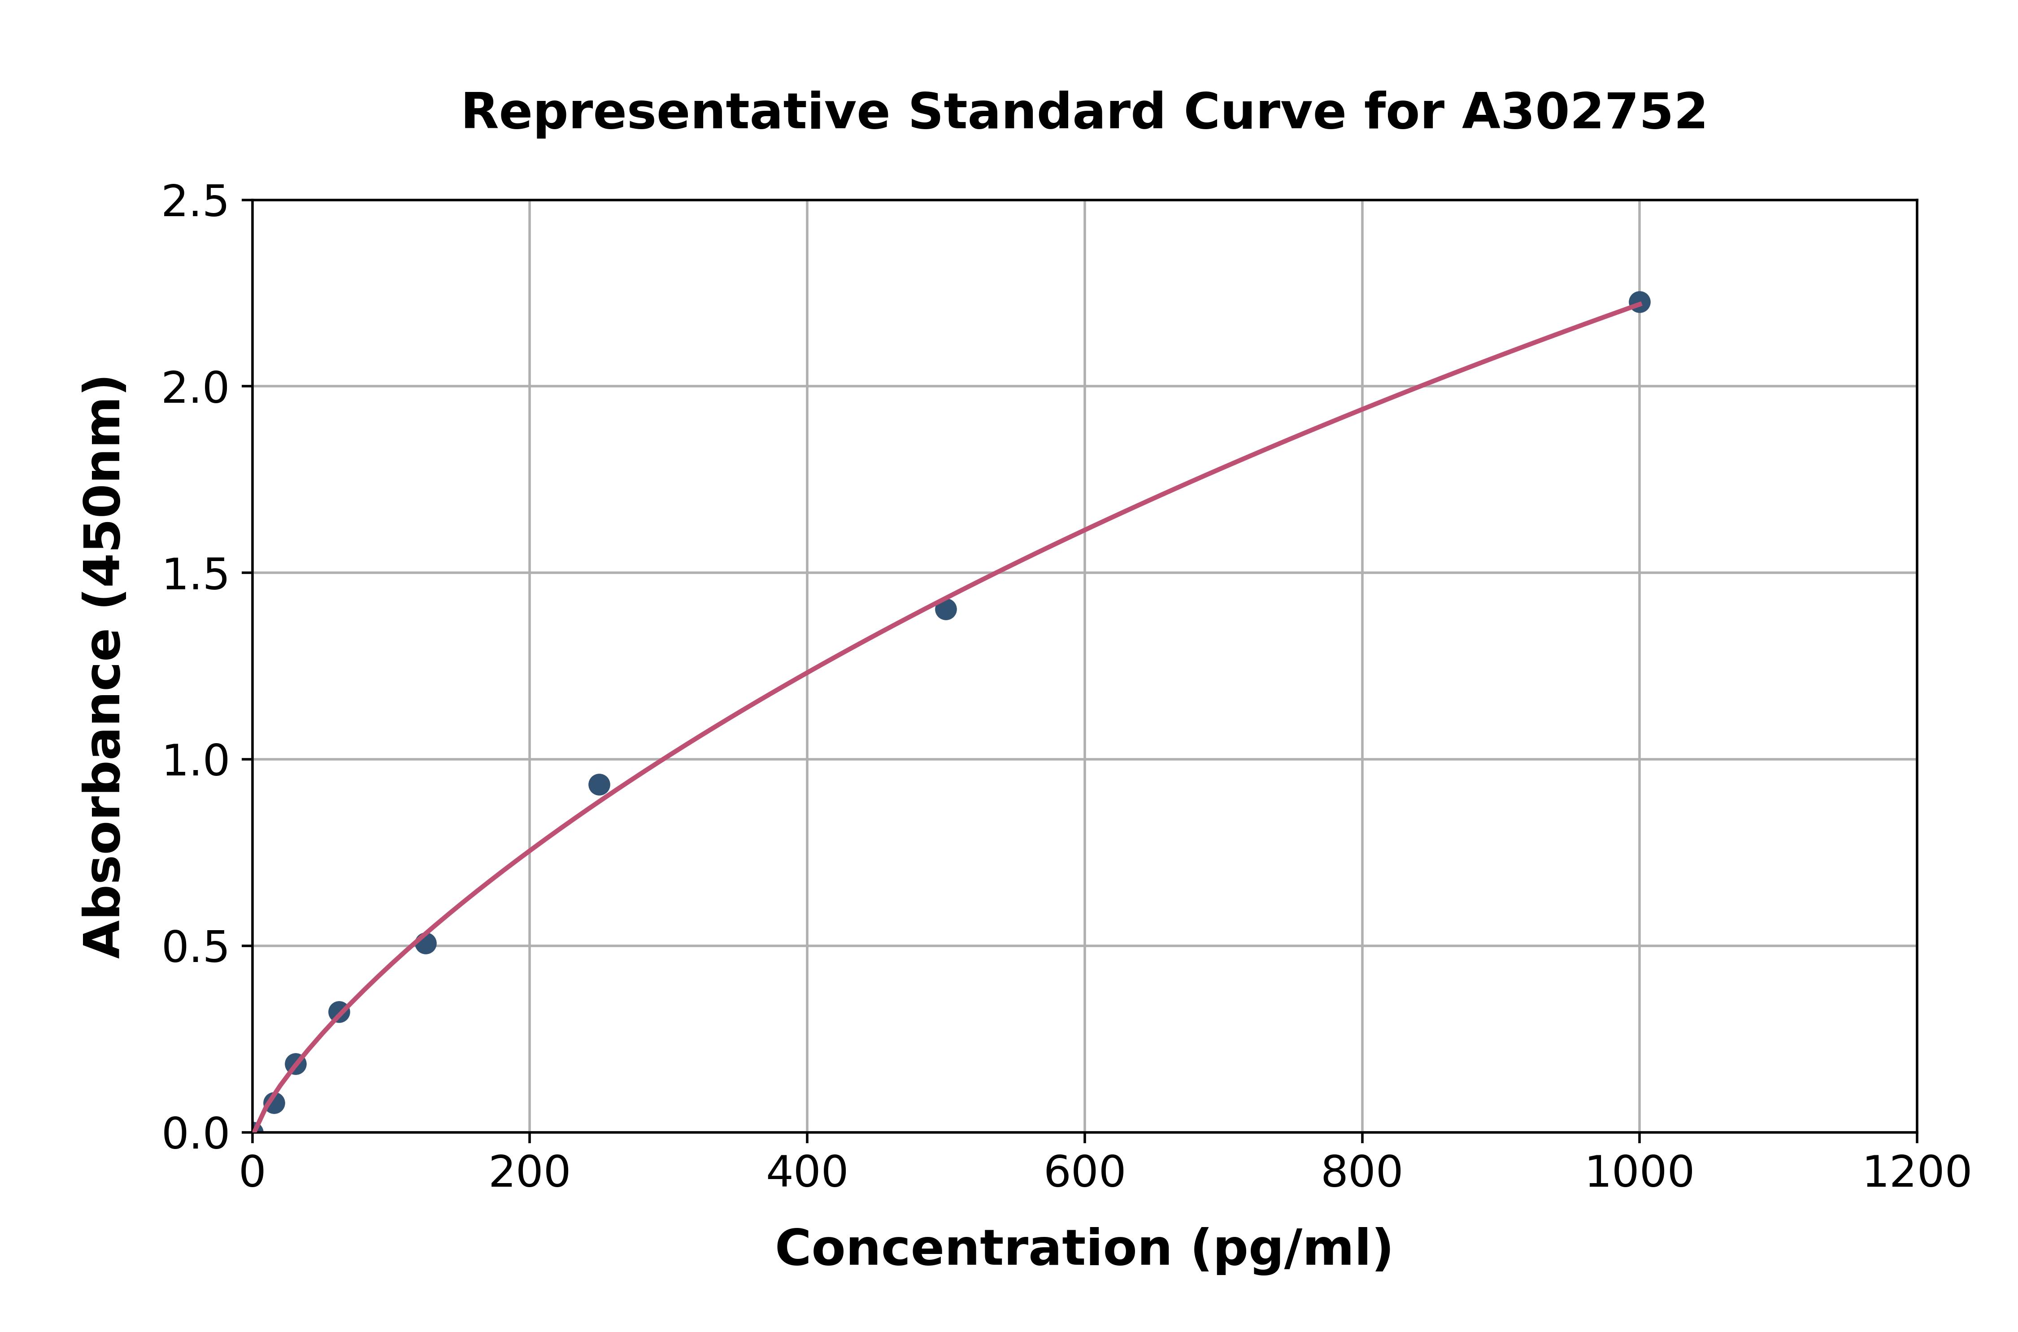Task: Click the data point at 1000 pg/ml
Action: [1639, 301]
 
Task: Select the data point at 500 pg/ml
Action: [945, 609]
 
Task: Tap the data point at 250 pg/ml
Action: [599, 784]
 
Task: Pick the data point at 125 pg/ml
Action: [426, 943]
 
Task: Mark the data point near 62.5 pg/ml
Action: [339, 1012]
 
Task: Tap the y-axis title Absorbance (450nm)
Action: [104, 667]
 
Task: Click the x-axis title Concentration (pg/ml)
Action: [1084, 1249]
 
